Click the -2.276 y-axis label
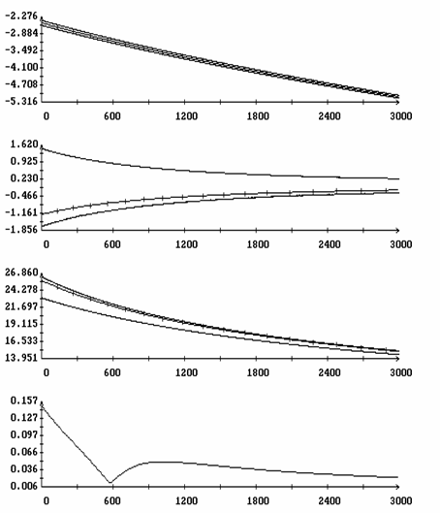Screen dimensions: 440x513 pyautogui.click(x=21, y=16)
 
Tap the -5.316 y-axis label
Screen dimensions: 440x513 pyautogui.click(x=21, y=102)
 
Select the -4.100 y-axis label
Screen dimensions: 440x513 pyautogui.click(x=21, y=67)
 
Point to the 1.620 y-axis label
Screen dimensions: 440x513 pyautogui.click(x=24, y=144)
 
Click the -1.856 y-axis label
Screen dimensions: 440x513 pyautogui.click(x=21, y=230)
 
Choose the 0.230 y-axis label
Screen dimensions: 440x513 pyautogui.click(x=24, y=178)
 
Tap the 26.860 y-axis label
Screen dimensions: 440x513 pyautogui.click(x=21, y=273)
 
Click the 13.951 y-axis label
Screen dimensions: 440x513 pyautogui.click(x=21, y=358)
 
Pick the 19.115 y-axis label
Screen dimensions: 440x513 pyautogui.click(x=21, y=324)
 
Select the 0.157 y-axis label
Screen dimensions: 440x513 pyautogui.click(x=24, y=401)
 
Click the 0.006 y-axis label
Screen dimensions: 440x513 pyautogui.click(x=24, y=486)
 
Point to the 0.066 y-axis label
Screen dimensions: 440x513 pyautogui.click(x=24, y=452)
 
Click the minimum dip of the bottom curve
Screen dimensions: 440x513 pyautogui.click(x=110, y=482)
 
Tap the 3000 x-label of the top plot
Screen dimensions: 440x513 pyautogui.click(x=401, y=116)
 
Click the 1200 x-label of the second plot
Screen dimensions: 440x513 pyautogui.click(x=186, y=244)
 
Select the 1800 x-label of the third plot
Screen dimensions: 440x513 pyautogui.click(x=258, y=372)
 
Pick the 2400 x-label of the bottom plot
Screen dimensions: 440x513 pyautogui.click(x=330, y=501)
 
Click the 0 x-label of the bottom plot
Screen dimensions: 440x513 pyautogui.click(x=47, y=501)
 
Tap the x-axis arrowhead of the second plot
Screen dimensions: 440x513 pyautogui.click(x=397, y=231)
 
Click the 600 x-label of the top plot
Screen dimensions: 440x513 pyautogui.click(x=112, y=116)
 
